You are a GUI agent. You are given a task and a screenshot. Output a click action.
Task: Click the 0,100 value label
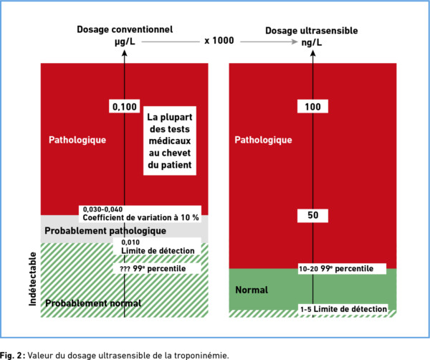pyautogui.click(x=125, y=106)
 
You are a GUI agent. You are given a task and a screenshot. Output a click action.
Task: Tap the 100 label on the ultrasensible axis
pyautogui.click(x=312, y=106)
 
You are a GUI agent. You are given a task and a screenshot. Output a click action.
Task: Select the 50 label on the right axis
pyautogui.click(x=312, y=215)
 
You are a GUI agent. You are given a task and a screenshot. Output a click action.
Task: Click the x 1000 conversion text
pyautogui.click(x=219, y=41)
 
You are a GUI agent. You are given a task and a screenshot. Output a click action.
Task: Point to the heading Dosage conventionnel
pyautogui.click(x=125, y=29)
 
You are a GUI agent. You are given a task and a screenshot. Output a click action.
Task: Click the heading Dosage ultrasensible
pyautogui.click(x=312, y=30)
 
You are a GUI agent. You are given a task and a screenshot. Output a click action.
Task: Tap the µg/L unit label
pyautogui.click(x=125, y=42)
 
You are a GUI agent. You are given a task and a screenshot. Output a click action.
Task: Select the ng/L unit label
pyautogui.click(x=312, y=42)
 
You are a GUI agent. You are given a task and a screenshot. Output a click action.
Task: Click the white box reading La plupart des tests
pyautogui.click(x=170, y=141)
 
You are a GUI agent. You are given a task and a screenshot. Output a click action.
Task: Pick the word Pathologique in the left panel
pyautogui.click(x=77, y=140)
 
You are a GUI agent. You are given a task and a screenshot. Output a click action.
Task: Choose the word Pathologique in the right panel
pyautogui.click(x=263, y=140)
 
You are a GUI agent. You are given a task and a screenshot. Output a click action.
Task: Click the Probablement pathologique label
pyautogui.click(x=105, y=231)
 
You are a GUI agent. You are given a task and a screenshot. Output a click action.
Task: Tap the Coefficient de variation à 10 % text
pyautogui.click(x=140, y=217)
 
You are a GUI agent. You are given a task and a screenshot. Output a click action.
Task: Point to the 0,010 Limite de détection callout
pyautogui.click(x=157, y=247)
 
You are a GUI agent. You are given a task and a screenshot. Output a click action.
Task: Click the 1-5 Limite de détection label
pyautogui.click(x=343, y=309)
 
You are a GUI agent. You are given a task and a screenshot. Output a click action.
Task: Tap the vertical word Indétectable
pyautogui.click(x=33, y=279)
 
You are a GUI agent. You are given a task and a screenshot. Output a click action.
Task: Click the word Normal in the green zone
pyautogui.click(x=252, y=290)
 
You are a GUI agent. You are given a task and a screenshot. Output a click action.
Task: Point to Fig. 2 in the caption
pyautogui.click(x=11, y=355)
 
